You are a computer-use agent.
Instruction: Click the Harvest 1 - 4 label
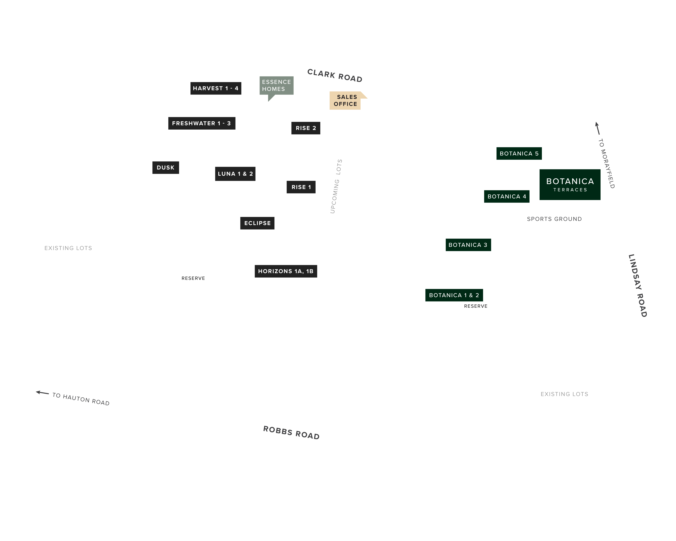point(216,88)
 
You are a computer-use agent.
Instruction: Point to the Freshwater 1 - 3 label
point(202,123)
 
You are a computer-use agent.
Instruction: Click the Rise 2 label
point(306,128)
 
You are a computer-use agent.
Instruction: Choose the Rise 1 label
point(301,187)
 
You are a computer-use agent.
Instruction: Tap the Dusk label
point(165,167)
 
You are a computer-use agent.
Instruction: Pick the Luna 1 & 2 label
point(235,174)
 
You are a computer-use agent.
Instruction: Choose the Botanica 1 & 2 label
point(454,295)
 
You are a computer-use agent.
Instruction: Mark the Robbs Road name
point(291,433)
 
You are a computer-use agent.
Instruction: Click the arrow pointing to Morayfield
point(598,128)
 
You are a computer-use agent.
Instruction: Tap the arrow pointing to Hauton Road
point(42,393)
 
